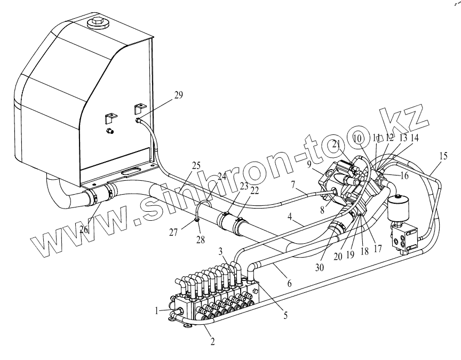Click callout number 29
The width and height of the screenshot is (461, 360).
(178, 95)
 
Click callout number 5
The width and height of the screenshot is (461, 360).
(285, 315)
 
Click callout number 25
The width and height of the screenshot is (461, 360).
(196, 165)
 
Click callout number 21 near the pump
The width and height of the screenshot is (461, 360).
(336, 143)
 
